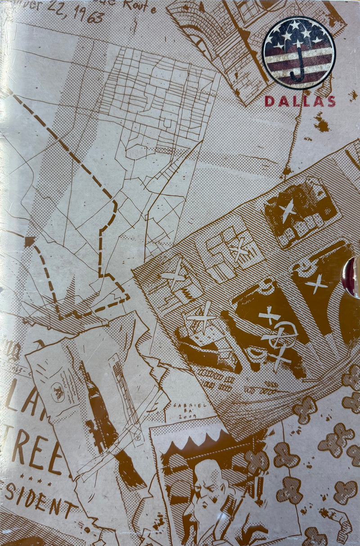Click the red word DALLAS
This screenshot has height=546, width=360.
(300, 101)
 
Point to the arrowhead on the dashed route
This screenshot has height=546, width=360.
(30, 241)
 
